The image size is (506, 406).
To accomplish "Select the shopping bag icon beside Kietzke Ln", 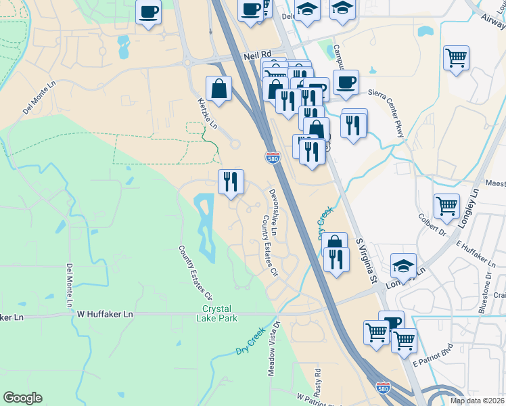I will pos(219,89).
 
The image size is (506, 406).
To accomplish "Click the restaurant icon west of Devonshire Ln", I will pos(231,182).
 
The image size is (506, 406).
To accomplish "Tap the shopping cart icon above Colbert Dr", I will pos(446,206).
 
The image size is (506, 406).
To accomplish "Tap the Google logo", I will pos(22,397).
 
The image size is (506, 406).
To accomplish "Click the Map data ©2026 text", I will pos(478,401).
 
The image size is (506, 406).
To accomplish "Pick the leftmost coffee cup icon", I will pos(149,11).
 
